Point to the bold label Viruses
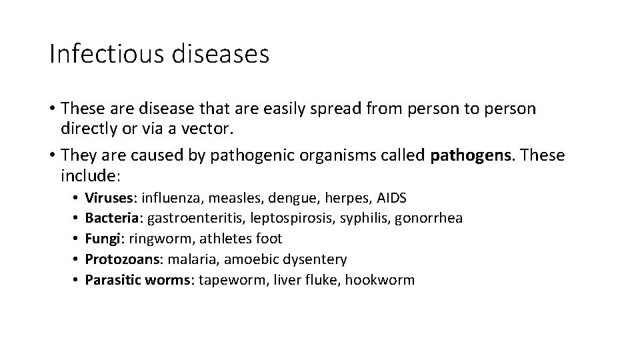click(109, 198)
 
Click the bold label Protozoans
click(122, 259)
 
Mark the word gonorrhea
click(429, 218)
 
